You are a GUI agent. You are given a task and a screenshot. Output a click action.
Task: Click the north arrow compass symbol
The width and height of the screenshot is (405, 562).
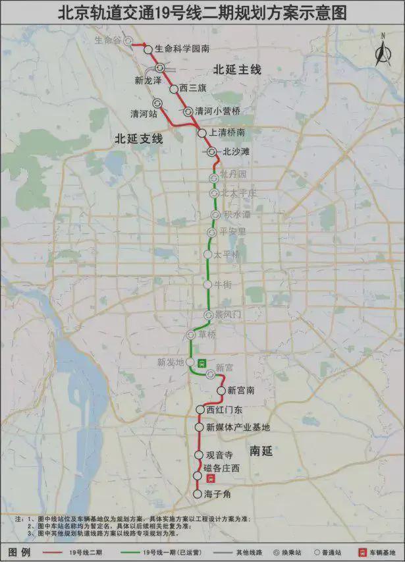382,50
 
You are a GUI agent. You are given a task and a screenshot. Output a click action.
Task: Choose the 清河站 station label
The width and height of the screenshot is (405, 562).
144,113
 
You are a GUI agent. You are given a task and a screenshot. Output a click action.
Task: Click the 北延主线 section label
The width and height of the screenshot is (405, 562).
236,69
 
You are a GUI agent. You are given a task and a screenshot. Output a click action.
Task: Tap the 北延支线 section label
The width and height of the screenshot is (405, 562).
138,138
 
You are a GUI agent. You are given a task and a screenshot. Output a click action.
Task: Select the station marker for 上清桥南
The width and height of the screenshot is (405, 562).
202,133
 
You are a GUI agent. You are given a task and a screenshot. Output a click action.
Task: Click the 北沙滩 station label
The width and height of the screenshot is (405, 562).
236,152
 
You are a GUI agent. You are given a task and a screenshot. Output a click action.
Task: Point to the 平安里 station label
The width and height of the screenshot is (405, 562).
232,232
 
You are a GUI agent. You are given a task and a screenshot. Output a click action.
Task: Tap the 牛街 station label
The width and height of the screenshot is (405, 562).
223,284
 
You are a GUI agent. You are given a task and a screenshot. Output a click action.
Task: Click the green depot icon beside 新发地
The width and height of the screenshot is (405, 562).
202,362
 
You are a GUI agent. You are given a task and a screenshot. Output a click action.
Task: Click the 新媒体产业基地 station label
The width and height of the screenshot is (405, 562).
238,427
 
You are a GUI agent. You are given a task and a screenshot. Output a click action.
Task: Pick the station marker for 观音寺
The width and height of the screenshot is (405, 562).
198,455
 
